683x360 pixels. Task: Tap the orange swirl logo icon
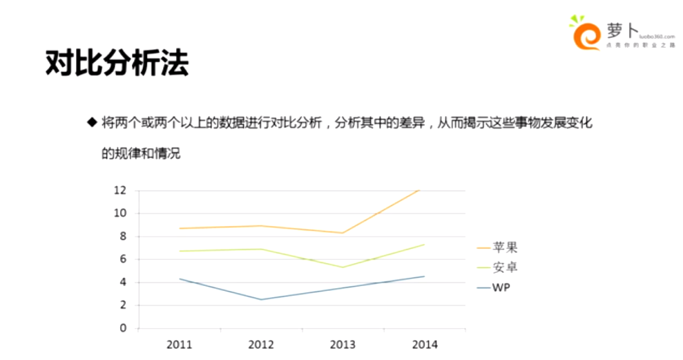pos(586,35)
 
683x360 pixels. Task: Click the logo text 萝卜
pos(619,30)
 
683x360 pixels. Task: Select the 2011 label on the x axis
pos(180,343)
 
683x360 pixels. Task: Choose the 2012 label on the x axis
pos(261,343)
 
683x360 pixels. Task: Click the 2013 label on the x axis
pos(343,343)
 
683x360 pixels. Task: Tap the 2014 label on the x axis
pos(424,343)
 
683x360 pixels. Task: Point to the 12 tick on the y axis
pos(120,190)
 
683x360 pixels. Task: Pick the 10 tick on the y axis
pos(120,213)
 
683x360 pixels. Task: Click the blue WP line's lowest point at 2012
pos(261,299)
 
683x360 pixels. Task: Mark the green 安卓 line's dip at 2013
pos(343,267)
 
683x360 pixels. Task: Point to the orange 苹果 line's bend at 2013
pos(343,233)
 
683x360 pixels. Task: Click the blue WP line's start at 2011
pos(180,278)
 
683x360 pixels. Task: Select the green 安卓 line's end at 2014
pos(424,244)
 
